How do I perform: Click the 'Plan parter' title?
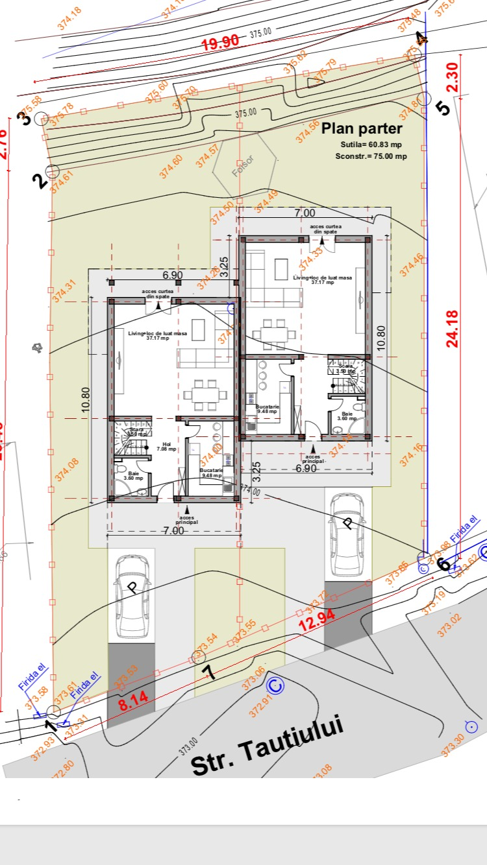pyautogui.click(x=362, y=128)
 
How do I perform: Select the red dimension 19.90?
pyautogui.click(x=220, y=44)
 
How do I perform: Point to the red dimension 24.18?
pyautogui.click(x=453, y=329)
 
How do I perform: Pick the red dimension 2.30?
pyautogui.click(x=453, y=77)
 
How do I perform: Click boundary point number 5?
pyautogui.click(x=442, y=106)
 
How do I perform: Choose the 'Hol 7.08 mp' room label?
pyautogui.click(x=167, y=447)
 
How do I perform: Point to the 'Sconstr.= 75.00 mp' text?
pyautogui.click(x=371, y=156)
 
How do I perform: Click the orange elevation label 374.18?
pyautogui.click(x=70, y=19)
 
